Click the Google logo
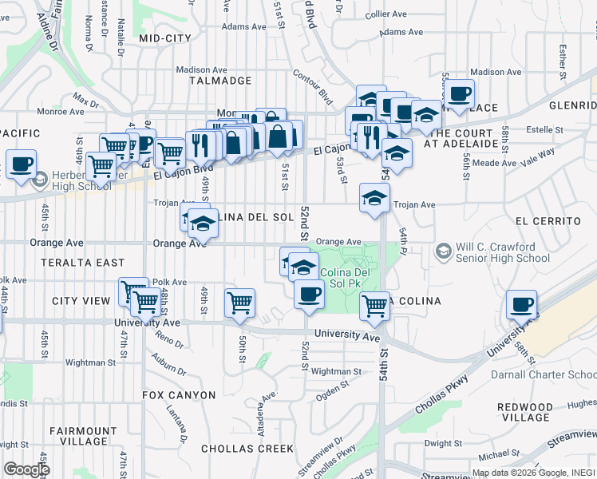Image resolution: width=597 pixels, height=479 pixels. [x=26, y=469]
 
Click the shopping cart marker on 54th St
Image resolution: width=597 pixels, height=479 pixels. [x=374, y=305]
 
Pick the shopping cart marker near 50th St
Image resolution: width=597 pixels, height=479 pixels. [x=239, y=303]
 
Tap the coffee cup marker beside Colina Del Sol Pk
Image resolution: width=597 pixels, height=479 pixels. [x=308, y=293]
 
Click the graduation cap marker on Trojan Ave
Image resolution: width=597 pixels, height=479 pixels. [x=374, y=197]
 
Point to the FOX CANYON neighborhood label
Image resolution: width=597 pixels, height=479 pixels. [x=179, y=395]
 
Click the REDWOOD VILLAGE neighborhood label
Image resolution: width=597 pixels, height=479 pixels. [x=524, y=412]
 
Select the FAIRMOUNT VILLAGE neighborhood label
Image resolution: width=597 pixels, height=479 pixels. [x=78, y=436]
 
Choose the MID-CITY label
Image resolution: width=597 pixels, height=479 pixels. [x=164, y=38]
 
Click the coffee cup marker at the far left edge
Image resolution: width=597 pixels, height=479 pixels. [x=21, y=164]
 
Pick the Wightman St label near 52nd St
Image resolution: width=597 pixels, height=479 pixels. [x=336, y=371]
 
